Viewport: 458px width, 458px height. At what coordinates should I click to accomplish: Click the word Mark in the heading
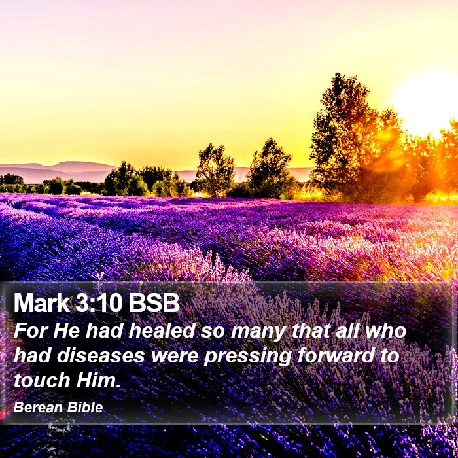coord(42,303)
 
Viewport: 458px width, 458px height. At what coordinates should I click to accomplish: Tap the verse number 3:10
coord(99,303)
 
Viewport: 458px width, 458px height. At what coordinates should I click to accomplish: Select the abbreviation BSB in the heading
coord(154,303)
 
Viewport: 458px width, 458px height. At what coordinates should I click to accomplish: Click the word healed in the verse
coord(162,330)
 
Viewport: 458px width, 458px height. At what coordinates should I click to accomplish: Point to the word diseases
coord(101,355)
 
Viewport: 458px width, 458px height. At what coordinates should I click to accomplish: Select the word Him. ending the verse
coord(98,380)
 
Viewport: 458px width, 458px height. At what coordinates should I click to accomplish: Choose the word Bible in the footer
coord(85,407)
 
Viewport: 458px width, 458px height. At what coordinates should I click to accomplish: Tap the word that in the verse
coord(311,330)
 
